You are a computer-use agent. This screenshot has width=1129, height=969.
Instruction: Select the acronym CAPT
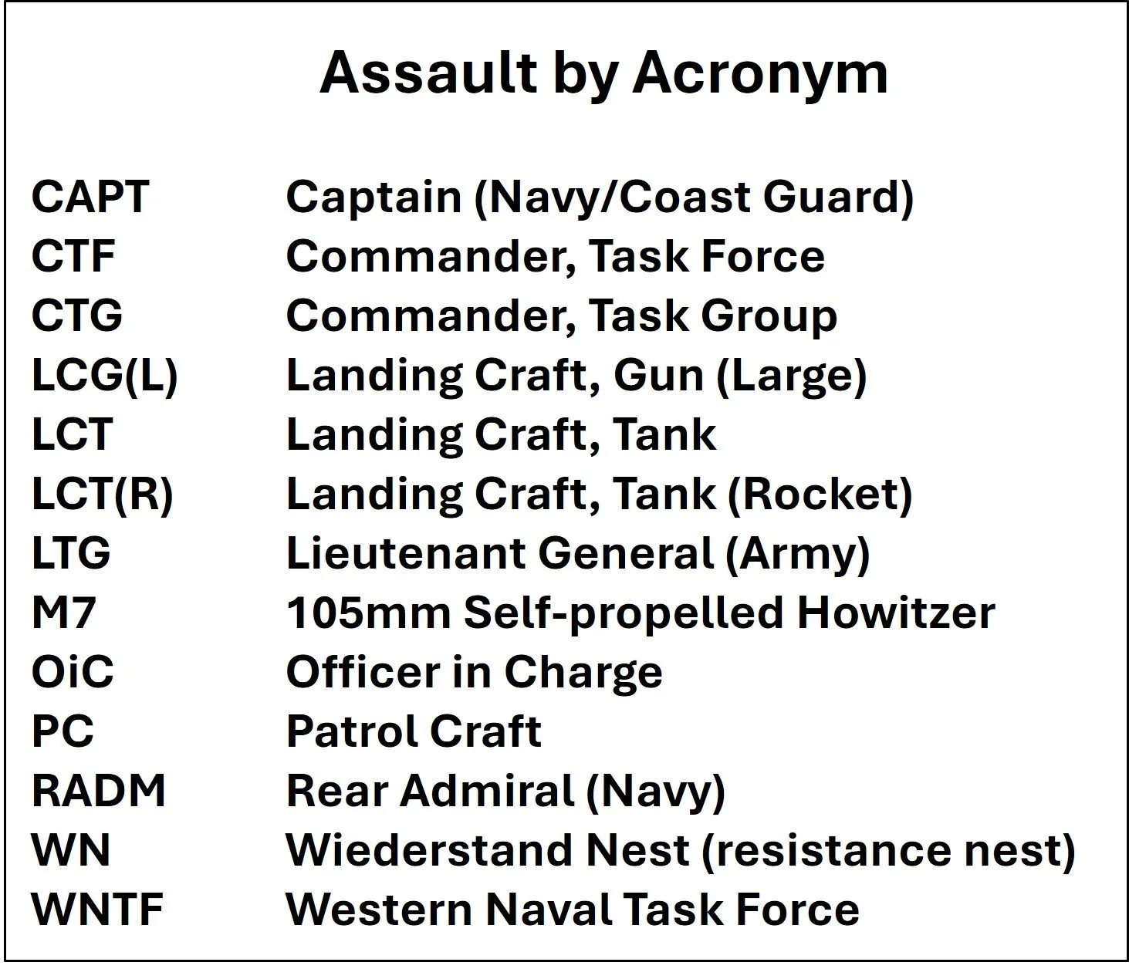click(90, 197)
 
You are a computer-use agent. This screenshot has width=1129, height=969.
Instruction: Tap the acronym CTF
click(73, 256)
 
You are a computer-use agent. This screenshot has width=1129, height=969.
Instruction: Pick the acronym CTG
click(77, 316)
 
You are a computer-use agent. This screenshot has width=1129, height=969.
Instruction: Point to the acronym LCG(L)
click(104, 376)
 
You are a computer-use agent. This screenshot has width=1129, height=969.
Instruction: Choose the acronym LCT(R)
click(102, 495)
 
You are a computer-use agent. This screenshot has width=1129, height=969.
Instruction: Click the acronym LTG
click(71, 553)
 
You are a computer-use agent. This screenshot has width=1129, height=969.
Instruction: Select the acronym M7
click(63, 613)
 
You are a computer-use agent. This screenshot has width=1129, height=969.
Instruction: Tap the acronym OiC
click(73, 672)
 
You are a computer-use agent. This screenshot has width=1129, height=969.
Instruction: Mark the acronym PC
click(63, 731)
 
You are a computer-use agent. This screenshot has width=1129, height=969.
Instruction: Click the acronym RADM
click(99, 791)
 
